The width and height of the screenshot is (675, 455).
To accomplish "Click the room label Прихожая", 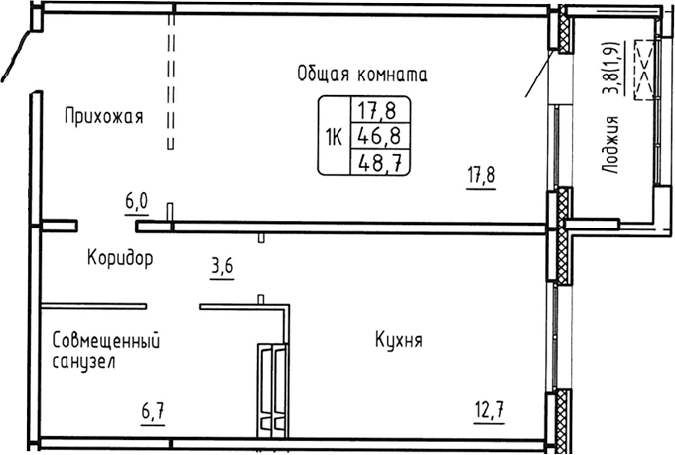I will pos(103,117).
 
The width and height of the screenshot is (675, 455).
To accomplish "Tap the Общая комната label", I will pos(361,74).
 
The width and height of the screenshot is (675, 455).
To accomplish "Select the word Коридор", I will pos(119,259).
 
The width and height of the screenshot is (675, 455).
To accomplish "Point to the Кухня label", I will pos(399,341).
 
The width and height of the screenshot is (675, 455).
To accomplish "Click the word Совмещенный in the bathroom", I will pos(106,341).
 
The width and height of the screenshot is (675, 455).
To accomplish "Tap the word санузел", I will pos(84,362).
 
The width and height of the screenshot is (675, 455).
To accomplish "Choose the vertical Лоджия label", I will pos(612,145).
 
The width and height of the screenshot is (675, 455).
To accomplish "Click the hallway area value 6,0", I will pos(136,202).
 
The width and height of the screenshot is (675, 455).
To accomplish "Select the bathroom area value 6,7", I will pos(151,409).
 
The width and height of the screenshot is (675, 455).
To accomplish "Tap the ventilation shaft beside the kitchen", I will pos(271,388).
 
